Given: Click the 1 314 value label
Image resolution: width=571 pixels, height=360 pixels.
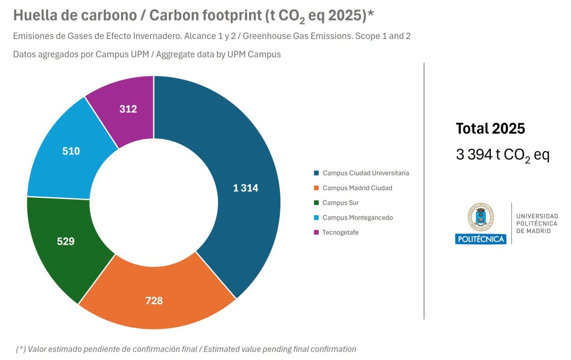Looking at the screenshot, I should [x=245, y=188].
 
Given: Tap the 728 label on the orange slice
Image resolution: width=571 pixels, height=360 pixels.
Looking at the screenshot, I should [x=154, y=301].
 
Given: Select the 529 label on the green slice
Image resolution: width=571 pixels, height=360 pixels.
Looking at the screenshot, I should [x=66, y=241].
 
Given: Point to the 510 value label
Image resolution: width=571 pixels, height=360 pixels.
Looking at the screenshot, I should [x=71, y=151].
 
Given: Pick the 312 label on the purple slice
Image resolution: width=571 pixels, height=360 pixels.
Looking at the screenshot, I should [x=128, y=109].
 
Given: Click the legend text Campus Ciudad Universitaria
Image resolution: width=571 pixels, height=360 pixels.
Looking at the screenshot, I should [x=366, y=173].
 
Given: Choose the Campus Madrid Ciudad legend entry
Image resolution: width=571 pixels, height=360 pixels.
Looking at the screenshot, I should [x=357, y=188].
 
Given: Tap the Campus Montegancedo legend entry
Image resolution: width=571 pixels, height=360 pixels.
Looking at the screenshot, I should [x=357, y=217].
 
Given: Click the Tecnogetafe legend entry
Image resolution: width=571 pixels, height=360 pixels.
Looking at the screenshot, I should [x=341, y=232].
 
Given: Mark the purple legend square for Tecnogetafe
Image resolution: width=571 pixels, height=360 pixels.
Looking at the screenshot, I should [x=317, y=232].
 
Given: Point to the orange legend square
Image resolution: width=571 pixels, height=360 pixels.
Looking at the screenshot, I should [x=317, y=188].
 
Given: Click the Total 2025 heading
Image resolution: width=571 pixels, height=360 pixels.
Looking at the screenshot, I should [x=490, y=129].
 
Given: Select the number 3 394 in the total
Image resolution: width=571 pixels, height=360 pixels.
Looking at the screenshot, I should [x=474, y=154].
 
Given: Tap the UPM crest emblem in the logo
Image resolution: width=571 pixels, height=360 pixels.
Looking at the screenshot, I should [x=480, y=217].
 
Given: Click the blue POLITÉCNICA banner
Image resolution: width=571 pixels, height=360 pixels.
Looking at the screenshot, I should [x=480, y=239].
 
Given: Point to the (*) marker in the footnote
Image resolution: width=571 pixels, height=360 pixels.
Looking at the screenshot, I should [x=21, y=349].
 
